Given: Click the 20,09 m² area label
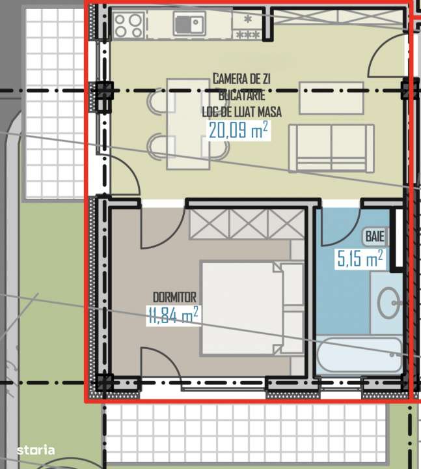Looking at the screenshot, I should (x=238, y=130).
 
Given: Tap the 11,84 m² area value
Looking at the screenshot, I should (x=173, y=316).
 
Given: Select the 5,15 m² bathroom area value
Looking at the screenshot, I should (x=359, y=260).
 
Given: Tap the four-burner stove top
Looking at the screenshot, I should (x=129, y=25).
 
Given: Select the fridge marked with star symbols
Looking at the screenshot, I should (x=247, y=25).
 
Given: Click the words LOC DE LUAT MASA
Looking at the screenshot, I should (x=238, y=111).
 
